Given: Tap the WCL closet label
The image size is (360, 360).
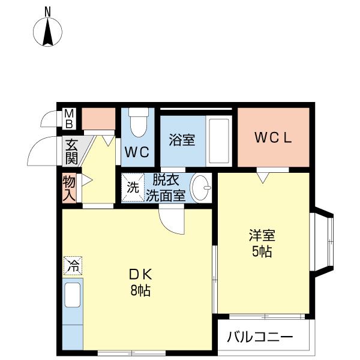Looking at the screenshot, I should click(273, 137).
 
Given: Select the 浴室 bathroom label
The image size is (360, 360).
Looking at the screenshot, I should click(181, 140).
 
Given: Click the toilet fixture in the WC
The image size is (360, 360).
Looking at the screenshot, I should click(138, 122).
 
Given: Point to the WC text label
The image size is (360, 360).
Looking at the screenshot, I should click(137, 152).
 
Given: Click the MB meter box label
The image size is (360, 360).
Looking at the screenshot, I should click(69, 119).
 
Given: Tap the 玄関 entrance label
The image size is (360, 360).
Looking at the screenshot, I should click(71, 152).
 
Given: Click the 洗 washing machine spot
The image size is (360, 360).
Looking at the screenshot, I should click(132, 186).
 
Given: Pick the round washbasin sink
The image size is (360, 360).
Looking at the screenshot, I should click(202, 188).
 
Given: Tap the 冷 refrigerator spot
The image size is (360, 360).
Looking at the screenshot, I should click(73, 265).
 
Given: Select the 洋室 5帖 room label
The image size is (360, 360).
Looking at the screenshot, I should click(262, 242).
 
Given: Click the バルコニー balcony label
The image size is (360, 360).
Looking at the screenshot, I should click(260, 337).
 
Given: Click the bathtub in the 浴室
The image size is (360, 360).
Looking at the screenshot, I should click(219, 142).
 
